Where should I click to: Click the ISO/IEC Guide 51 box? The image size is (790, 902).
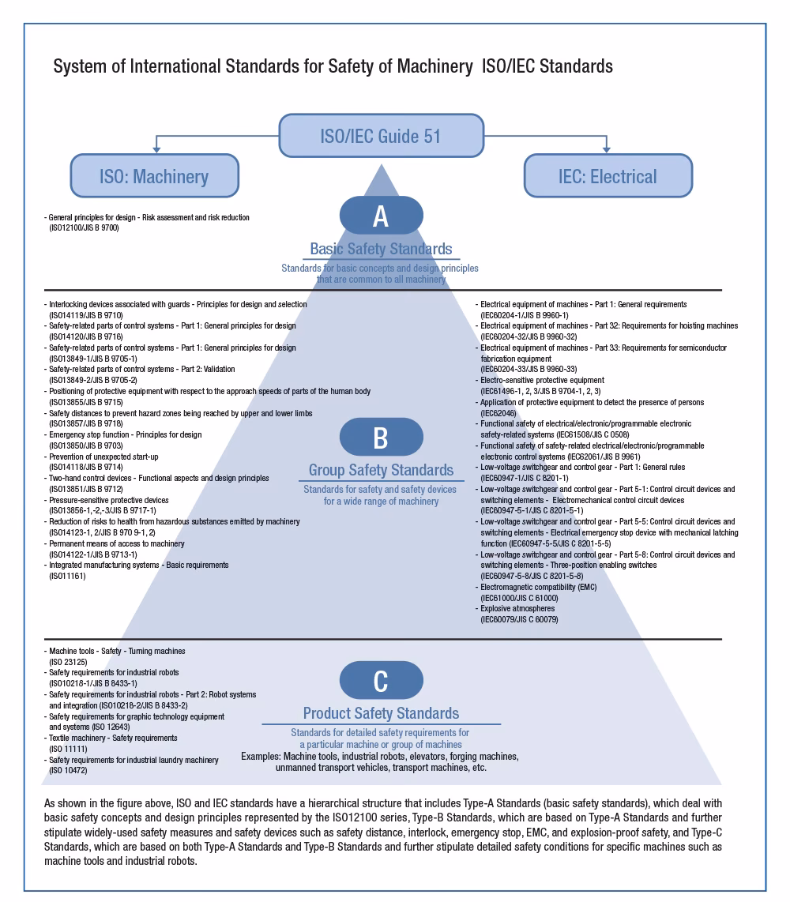pyautogui.click(x=381, y=136)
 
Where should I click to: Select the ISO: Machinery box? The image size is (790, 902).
pyautogui.click(x=154, y=175)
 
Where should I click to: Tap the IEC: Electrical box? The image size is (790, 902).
pyautogui.click(x=608, y=175)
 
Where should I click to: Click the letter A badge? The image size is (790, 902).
pyautogui.click(x=381, y=216)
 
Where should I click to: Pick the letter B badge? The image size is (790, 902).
pyautogui.click(x=381, y=437)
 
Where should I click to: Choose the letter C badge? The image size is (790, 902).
pyautogui.click(x=381, y=680)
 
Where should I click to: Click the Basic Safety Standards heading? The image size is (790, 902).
pyautogui.click(x=381, y=249)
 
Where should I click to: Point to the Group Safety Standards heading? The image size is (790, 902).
pyautogui.click(x=381, y=470)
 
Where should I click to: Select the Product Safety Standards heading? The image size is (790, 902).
pyautogui.click(x=381, y=713)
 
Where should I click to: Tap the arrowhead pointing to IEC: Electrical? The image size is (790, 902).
pyautogui.click(x=607, y=148)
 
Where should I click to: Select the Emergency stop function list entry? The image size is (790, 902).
pyautogui.click(x=125, y=434)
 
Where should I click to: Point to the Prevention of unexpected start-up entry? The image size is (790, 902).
pyautogui.click(x=103, y=457)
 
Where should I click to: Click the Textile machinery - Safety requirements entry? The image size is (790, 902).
pyautogui.click(x=113, y=738)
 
